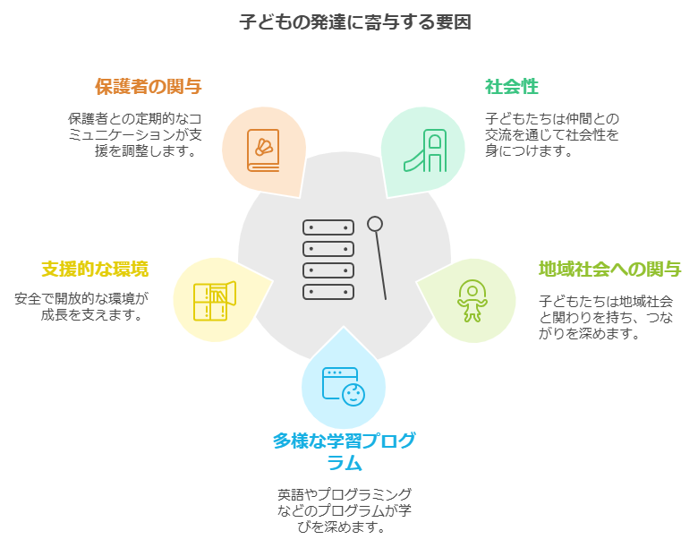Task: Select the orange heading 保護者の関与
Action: (x=148, y=87)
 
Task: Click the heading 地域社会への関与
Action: (x=609, y=269)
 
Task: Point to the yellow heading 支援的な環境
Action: (x=94, y=269)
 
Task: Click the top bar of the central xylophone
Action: (x=328, y=227)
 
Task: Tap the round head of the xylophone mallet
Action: (x=375, y=224)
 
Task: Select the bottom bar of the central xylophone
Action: (x=328, y=292)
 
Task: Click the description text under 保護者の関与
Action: (x=134, y=134)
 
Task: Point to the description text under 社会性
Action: (x=552, y=134)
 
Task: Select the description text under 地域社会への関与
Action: (x=606, y=318)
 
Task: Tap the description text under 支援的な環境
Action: (x=81, y=306)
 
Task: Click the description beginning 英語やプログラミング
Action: (x=345, y=510)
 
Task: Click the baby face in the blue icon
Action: (x=353, y=393)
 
